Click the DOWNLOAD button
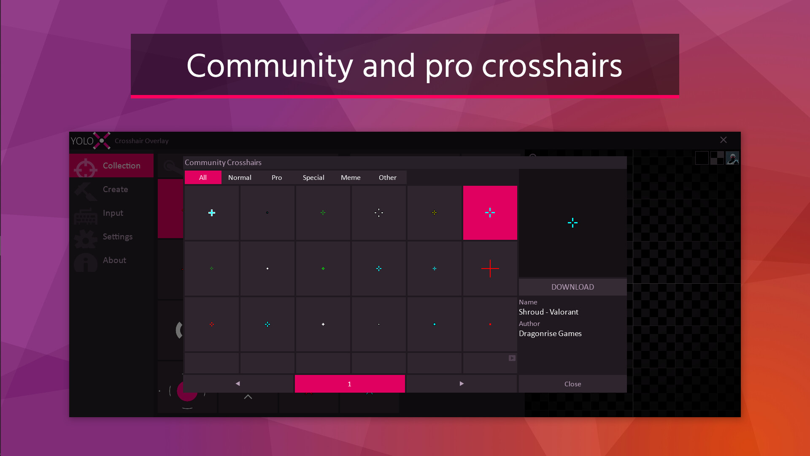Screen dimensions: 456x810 572,287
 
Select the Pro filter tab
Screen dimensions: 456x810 277,178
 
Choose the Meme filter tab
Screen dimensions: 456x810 351,178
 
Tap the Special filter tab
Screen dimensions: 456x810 313,178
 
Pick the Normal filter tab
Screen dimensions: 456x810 240,178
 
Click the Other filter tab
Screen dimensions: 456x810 387,178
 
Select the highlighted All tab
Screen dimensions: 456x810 203,178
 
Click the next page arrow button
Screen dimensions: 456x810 462,384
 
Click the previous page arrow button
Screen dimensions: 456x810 238,384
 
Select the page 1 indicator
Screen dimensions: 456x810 349,384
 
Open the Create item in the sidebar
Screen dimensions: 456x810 115,190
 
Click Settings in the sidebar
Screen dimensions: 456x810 117,237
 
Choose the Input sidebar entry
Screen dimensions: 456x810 113,213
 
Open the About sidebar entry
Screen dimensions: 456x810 114,261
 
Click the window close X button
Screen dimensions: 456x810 724,140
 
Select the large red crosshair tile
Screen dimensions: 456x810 490,269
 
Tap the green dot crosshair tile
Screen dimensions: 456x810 323,269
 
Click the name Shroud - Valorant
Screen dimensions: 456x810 548,312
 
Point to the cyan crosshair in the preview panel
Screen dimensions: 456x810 572,223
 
